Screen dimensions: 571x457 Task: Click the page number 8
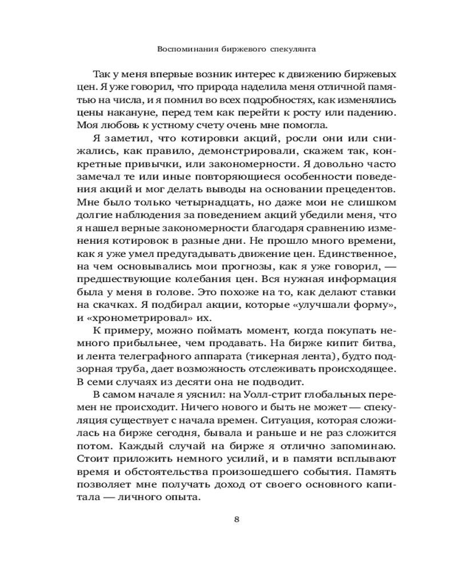(x=237, y=519)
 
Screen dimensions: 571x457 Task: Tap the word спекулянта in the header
(x=291, y=50)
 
